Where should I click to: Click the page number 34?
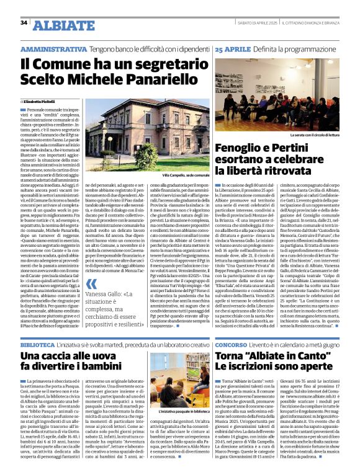click(24, 23)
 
